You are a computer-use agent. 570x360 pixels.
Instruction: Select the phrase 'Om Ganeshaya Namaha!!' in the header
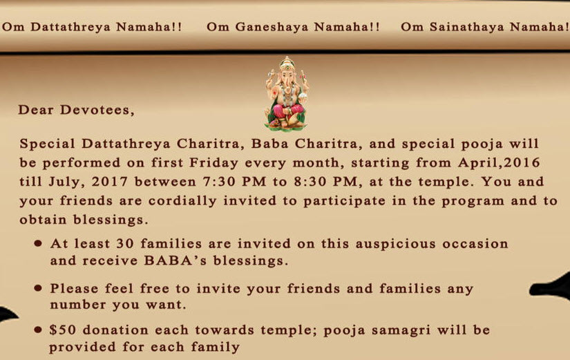tap(294, 28)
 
